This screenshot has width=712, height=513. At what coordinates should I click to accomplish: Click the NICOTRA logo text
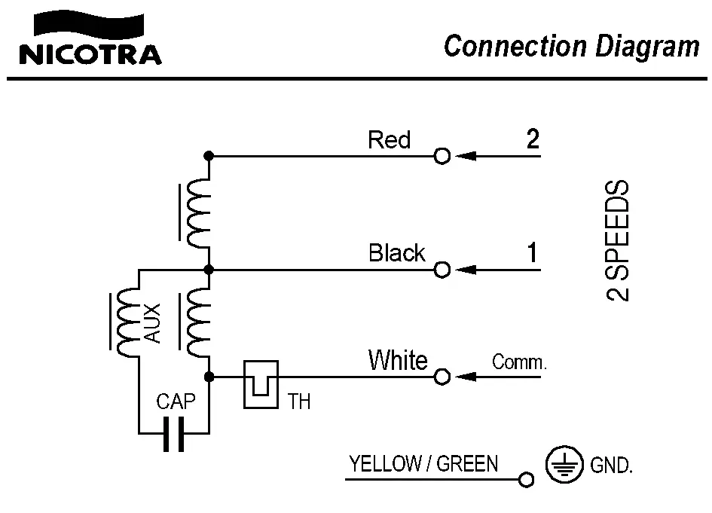[x=89, y=54]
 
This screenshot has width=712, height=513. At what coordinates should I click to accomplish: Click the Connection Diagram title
[x=571, y=47]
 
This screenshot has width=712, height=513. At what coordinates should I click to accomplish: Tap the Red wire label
[x=389, y=139]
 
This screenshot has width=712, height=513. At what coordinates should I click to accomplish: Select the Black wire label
[x=397, y=253]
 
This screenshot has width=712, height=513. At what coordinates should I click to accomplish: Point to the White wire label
[x=397, y=361]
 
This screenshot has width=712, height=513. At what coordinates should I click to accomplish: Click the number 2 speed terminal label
[x=533, y=139]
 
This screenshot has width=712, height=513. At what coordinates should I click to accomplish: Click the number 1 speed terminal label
[x=533, y=253]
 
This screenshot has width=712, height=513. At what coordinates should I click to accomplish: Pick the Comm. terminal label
[x=519, y=362]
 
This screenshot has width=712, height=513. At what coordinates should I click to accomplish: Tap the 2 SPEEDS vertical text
[x=619, y=240]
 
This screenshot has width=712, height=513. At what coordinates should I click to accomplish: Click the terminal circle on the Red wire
[x=442, y=157]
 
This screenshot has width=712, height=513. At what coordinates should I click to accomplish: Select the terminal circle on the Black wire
[x=442, y=270]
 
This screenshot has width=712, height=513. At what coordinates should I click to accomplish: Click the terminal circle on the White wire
[x=442, y=376]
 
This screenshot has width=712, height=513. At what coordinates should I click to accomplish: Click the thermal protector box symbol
[x=261, y=383]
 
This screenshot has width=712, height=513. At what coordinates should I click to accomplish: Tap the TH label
[x=299, y=402]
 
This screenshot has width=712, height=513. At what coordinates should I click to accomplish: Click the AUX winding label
[x=152, y=323]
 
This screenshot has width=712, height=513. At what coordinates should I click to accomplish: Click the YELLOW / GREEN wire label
[x=423, y=464]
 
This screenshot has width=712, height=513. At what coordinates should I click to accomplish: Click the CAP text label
[x=176, y=402]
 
